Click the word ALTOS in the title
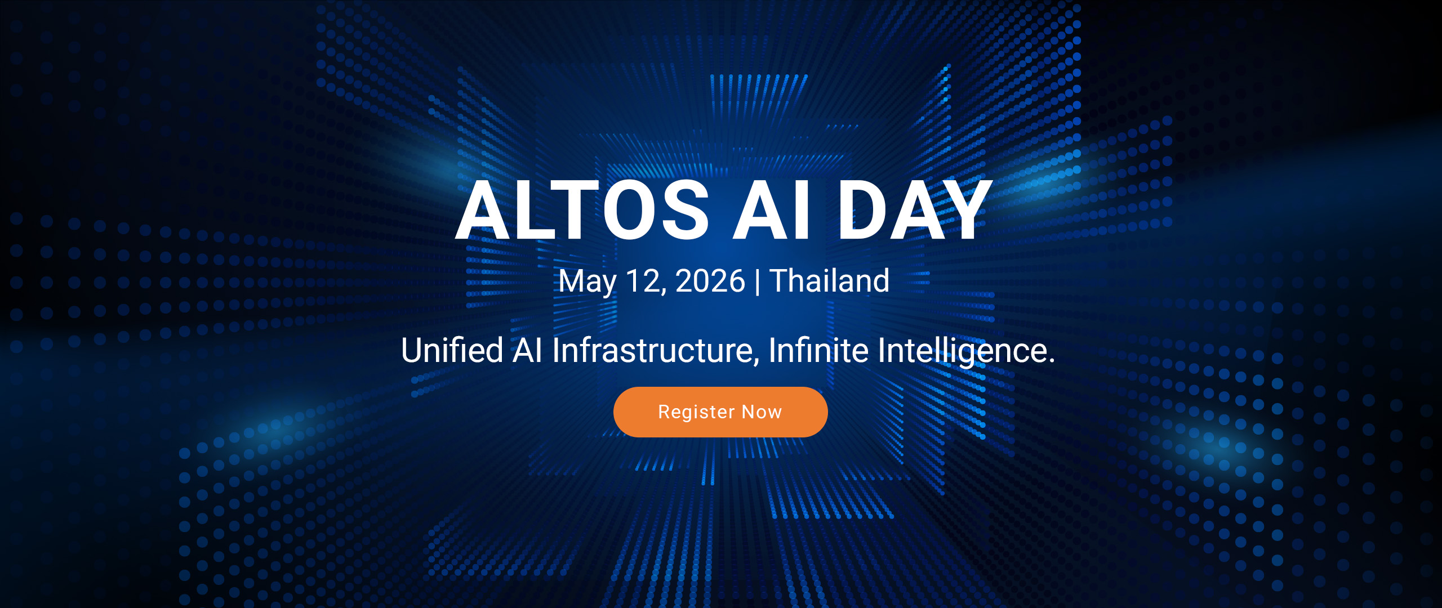tap(582, 210)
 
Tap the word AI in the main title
tap(772, 210)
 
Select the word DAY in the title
tap(914, 210)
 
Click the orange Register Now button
tap(720, 412)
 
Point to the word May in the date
tap(588, 281)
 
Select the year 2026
tap(710, 280)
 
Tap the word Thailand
tap(829, 280)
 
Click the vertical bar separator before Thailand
tap(757, 281)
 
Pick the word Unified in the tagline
tap(452, 350)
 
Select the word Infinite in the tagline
tap(818, 350)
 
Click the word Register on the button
tap(696, 413)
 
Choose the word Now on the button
tap(762, 412)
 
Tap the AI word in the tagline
tap(528, 350)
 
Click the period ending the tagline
tap(1051, 361)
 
